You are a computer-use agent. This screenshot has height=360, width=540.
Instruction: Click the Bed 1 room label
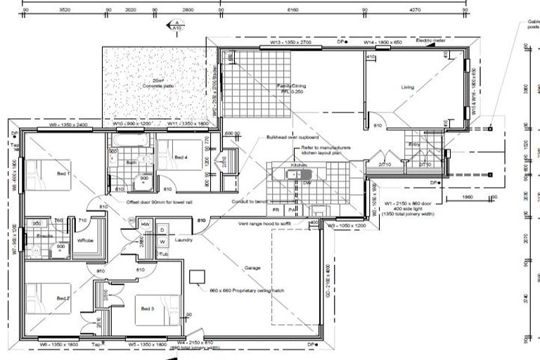(x=63, y=173)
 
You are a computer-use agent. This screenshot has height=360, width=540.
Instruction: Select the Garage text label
(x=252, y=268)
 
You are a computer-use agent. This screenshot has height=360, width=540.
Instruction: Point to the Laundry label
(x=184, y=240)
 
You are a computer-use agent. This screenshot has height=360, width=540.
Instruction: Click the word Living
(x=408, y=88)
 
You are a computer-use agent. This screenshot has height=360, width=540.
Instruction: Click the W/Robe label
(x=86, y=240)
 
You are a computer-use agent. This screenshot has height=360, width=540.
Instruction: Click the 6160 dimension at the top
(x=293, y=11)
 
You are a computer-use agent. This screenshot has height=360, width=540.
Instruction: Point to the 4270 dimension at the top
(x=435, y=11)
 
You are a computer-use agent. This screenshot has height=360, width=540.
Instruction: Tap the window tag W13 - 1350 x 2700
(x=290, y=43)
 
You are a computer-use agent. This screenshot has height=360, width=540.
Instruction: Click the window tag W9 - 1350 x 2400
(x=68, y=124)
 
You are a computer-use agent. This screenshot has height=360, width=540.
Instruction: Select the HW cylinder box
(x=146, y=224)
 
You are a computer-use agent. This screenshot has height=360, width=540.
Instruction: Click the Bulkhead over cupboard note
(x=292, y=138)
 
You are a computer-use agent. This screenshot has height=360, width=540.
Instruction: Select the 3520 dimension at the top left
(x=65, y=11)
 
